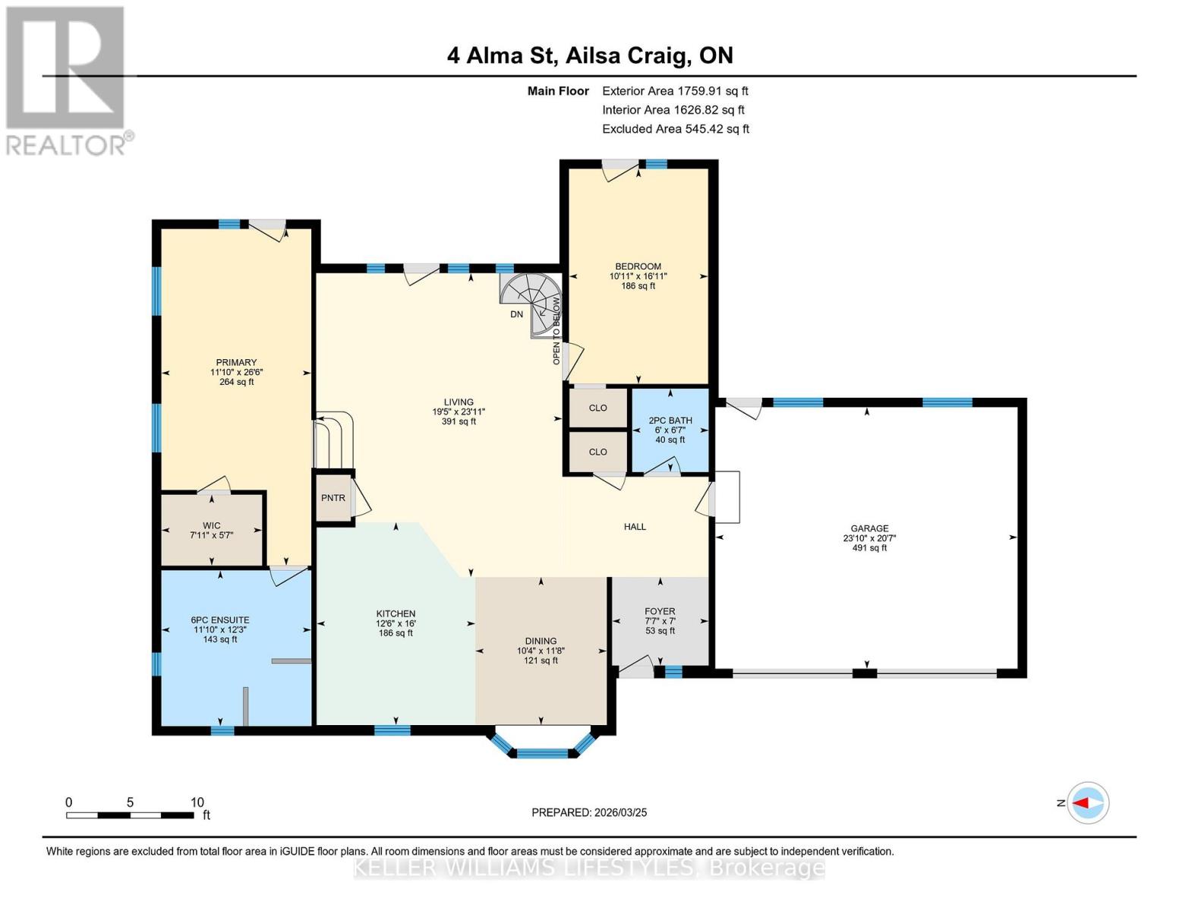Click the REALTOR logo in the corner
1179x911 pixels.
(x=67, y=80)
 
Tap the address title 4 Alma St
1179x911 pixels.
(x=590, y=55)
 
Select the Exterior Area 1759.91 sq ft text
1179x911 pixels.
(x=675, y=91)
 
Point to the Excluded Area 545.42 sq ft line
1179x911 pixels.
(x=675, y=129)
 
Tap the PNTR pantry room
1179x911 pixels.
(x=333, y=498)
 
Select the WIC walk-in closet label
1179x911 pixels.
(x=211, y=525)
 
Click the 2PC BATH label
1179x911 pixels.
(x=670, y=421)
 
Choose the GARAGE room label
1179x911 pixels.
(x=869, y=528)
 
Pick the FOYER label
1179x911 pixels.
(x=660, y=611)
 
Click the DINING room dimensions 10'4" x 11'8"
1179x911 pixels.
(x=541, y=651)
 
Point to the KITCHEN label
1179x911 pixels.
(x=396, y=613)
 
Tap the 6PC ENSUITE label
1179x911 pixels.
(x=220, y=619)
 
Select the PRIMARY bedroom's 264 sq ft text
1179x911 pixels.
(x=236, y=382)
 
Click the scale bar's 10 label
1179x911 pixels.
(x=197, y=802)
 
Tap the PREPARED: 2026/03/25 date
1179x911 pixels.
(x=589, y=812)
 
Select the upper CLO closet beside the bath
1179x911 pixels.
(x=598, y=408)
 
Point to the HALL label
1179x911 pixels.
(x=635, y=526)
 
